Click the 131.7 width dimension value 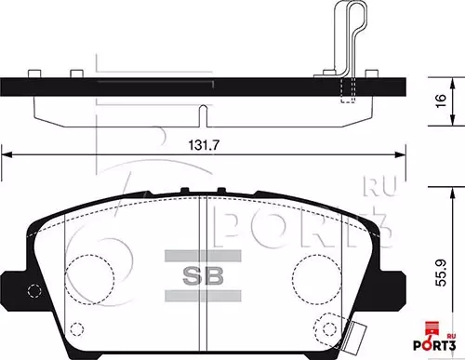(x=206, y=144)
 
